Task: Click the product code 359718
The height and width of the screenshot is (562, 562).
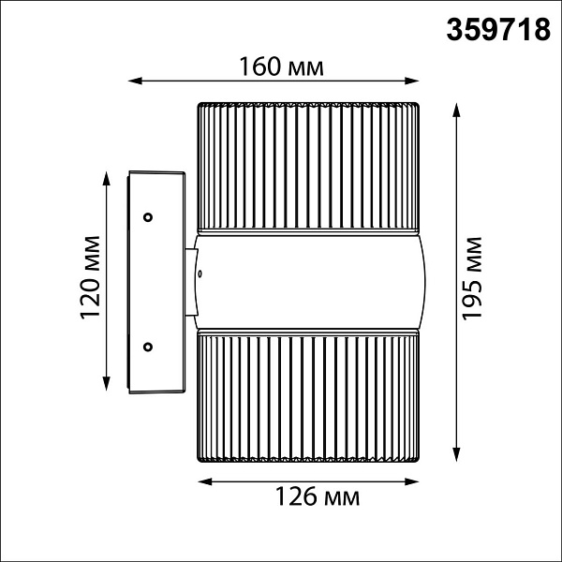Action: click(x=498, y=30)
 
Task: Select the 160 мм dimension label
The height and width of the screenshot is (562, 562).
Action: click(x=281, y=67)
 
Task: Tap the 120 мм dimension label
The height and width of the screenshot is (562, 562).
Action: click(x=90, y=277)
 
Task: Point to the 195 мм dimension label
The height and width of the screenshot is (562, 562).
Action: click(x=472, y=278)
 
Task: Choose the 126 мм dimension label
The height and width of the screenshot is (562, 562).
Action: click(x=318, y=496)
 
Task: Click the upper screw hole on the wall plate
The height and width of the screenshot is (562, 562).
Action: click(x=148, y=217)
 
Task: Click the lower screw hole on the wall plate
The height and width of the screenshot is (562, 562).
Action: click(x=148, y=347)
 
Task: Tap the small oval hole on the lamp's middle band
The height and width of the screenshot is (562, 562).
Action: click(x=200, y=274)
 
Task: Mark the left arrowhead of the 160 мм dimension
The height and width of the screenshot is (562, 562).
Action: click(x=135, y=81)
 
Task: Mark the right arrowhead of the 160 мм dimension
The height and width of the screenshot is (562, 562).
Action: click(x=412, y=81)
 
